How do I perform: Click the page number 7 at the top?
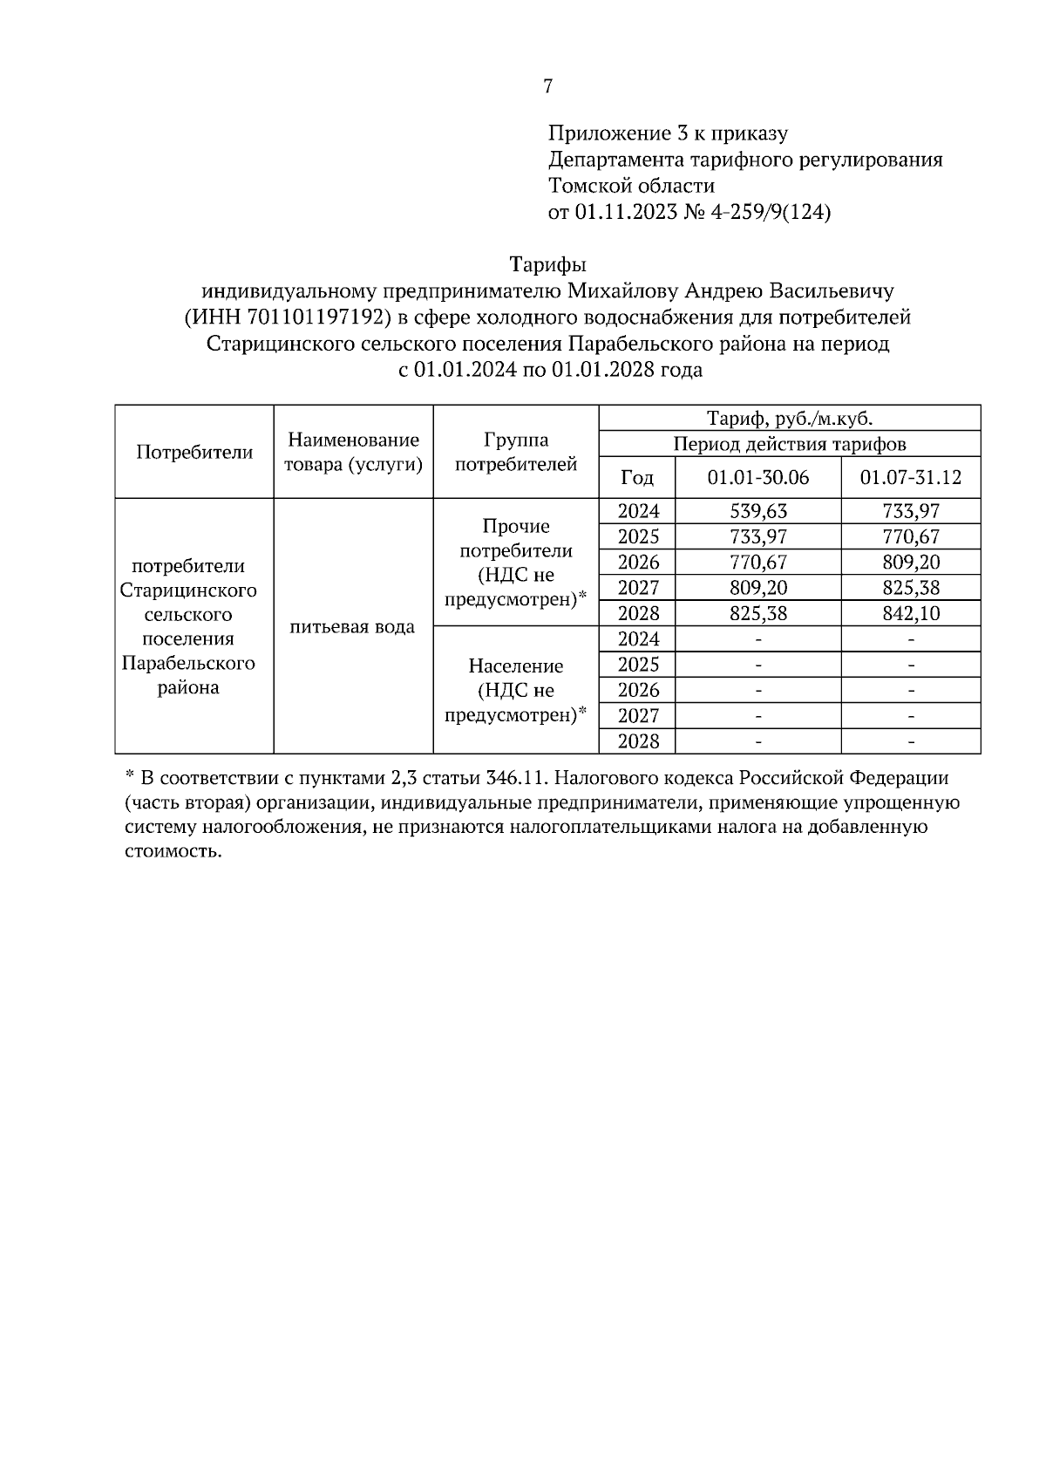[547, 86]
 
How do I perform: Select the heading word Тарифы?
[547, 264]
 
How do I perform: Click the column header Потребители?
[194, 452]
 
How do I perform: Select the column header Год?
[636, 477]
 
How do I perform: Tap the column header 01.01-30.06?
[757, 477]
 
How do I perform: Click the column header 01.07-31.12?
[910, 477]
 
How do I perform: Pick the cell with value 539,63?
[757, 511]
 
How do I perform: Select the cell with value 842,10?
[910, 613]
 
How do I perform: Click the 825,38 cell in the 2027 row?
[910, 588]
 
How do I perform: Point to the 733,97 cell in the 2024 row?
[910, 511]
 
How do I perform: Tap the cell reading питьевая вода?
[352, 626]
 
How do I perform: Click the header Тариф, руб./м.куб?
[789, 418]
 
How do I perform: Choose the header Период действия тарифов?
[789, 444]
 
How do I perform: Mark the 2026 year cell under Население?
[638, 690]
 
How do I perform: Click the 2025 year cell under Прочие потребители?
[638, 536]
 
